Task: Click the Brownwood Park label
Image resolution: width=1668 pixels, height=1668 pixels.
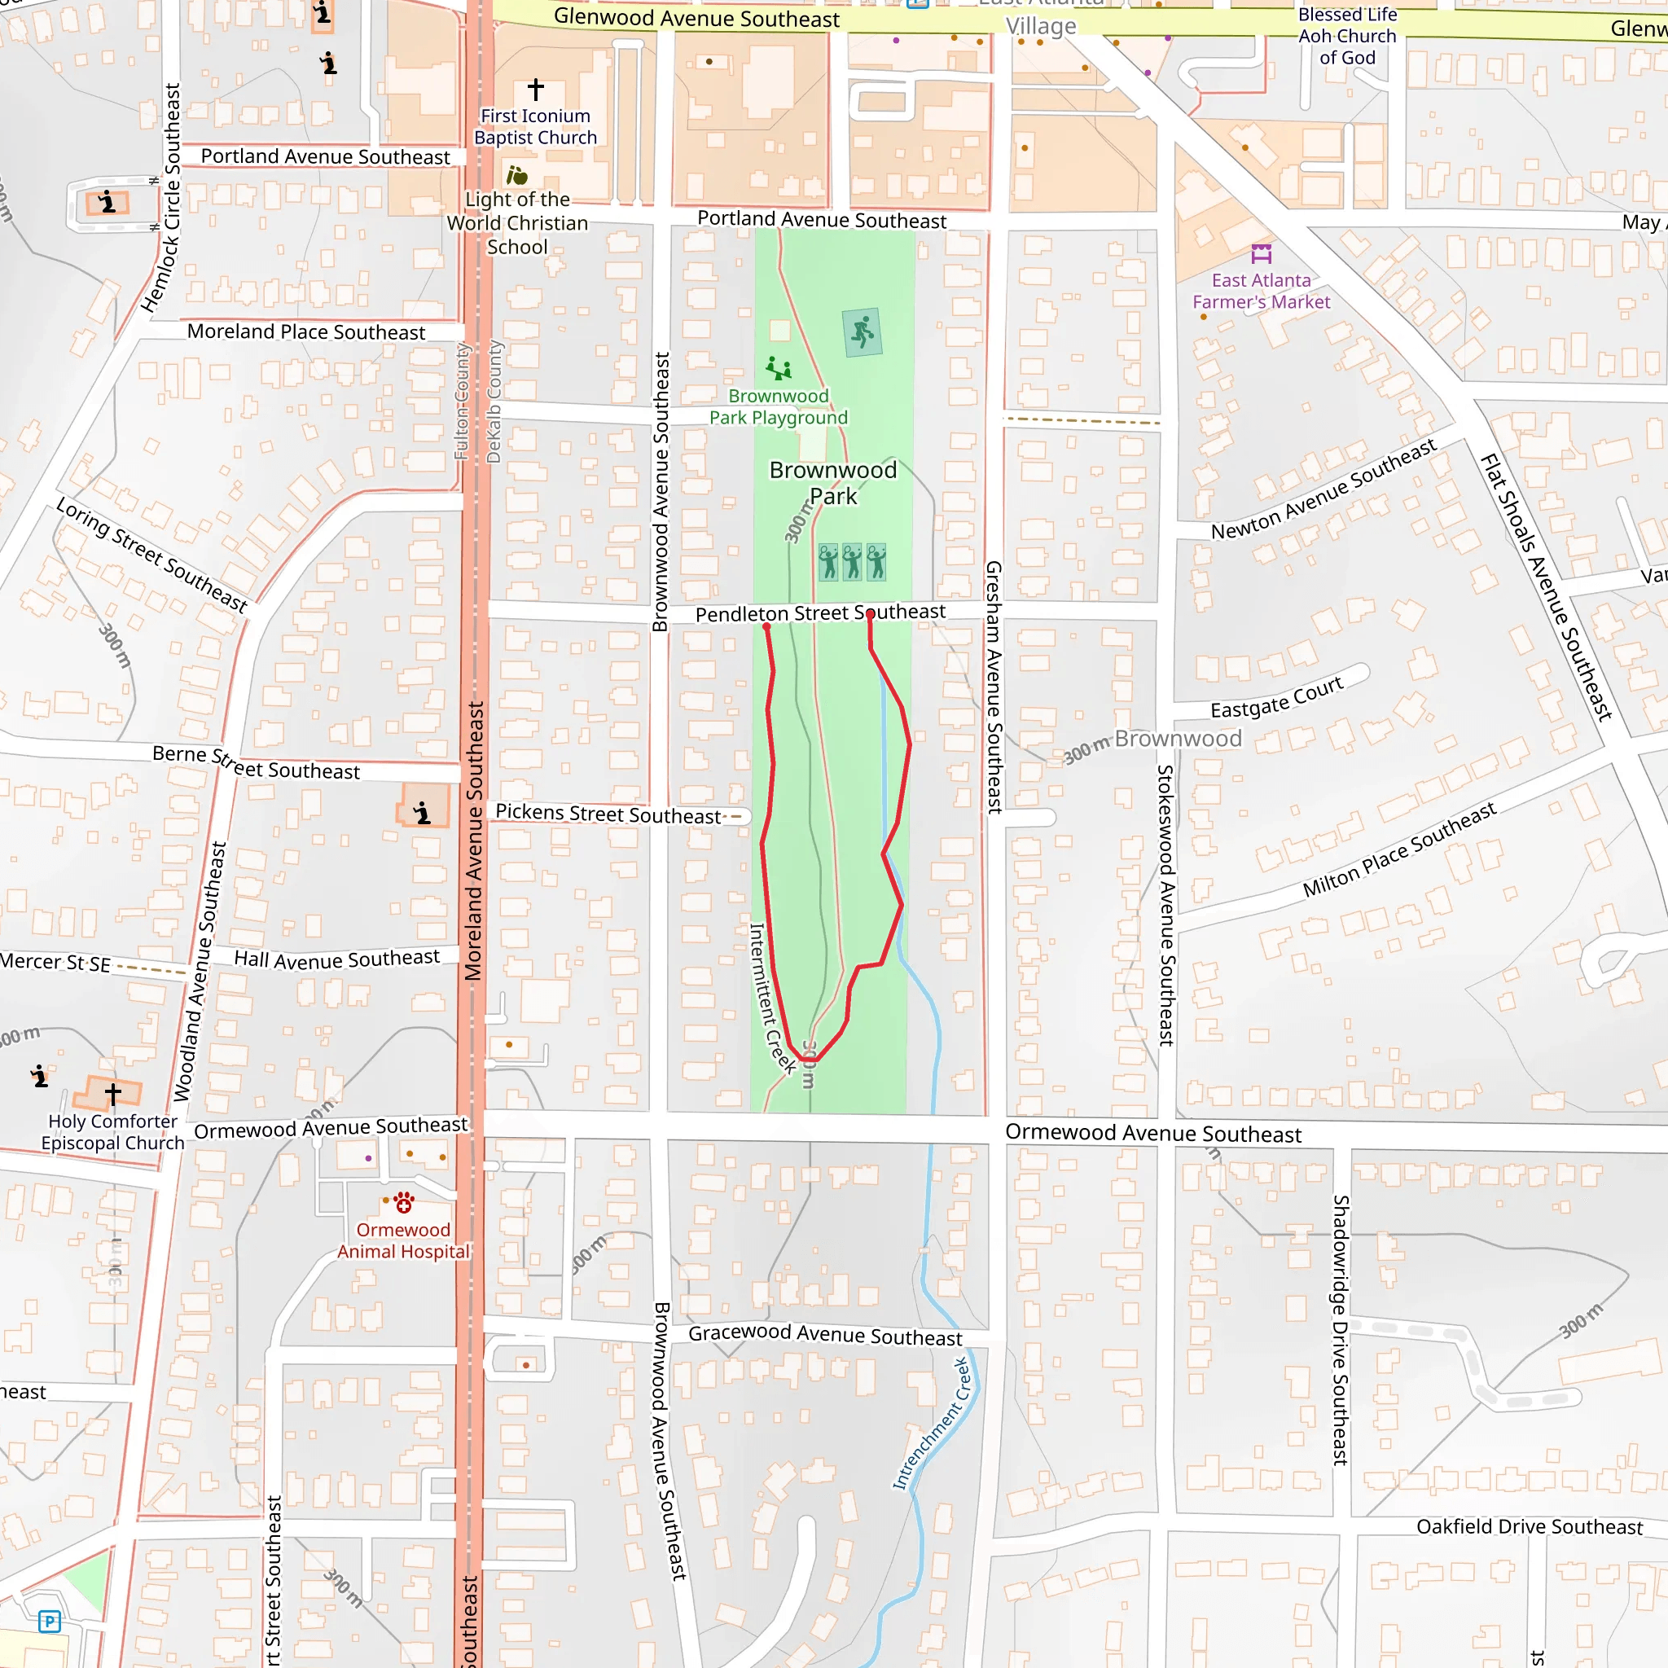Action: pyautogui.click(x=832, y=483)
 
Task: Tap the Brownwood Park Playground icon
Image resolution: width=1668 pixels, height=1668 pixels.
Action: pyautogui.click(x=778, y=369)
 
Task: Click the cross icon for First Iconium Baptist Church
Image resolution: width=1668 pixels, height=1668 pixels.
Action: pyautogui.click(x=535, y=89)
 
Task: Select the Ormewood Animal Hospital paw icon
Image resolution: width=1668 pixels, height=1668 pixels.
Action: pyautogui.click(x=403, y=1202)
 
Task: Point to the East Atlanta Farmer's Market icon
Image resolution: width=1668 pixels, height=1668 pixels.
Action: pyautogui.click(x=1261, y=254)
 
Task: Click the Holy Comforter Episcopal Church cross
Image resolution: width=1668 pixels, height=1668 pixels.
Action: pyautogui.click(x=113, y=1094)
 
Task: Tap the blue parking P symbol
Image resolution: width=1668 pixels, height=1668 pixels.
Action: pyautogui.click(x=49, y=1622)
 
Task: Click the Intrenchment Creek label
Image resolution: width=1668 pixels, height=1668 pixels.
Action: pyautogui.click(x=932, y=1424)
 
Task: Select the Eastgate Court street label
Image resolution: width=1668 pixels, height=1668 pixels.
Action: pyautogui.click(x=1276, y=696)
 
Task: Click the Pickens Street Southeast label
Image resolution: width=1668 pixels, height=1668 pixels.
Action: pyautogui.click(x=607, y=814)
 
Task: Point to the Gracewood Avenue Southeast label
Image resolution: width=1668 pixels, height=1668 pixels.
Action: pyautogui.click(x=824, y=1335)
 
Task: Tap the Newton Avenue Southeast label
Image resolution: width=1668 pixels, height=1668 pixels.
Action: pyautogui.click(x=1323, y=489)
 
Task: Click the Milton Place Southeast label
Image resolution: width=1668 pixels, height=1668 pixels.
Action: pyautogui.click(x=1398, y=849)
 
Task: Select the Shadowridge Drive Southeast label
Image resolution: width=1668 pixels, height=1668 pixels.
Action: pyautogui.click(x=1340, y=1329)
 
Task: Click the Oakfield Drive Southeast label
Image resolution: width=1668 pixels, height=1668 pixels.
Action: pyautogui.click(x=1529, y=1526)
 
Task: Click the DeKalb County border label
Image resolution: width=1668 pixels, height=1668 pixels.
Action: pyautogui.click(x=493, y=402)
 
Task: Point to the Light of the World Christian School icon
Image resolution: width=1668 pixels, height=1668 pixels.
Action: pyautogui.click(x=516, y=176)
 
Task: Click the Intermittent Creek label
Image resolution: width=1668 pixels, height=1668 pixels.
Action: pyautogui.click(x=772, y=998)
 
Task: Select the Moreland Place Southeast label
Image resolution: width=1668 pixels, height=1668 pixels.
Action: pyautogui.click(x=305, y=331)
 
